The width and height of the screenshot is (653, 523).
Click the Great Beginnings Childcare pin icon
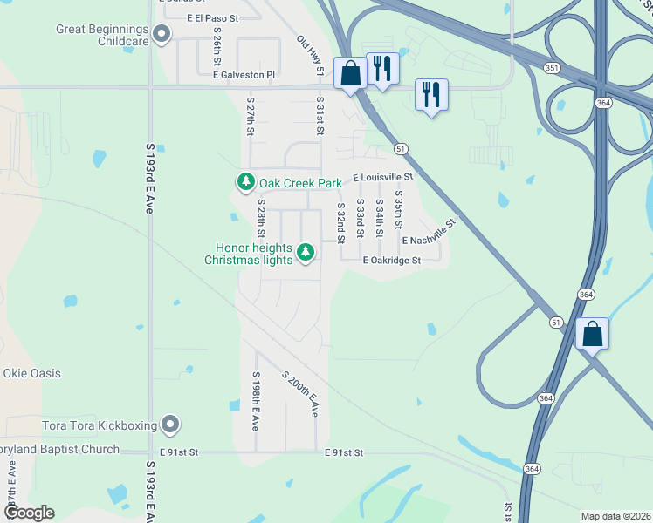162,35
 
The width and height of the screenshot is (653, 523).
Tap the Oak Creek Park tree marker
246,182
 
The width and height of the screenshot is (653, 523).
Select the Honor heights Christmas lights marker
305,253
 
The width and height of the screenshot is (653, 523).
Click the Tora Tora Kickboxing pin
170,425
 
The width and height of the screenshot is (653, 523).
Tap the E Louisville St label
382,177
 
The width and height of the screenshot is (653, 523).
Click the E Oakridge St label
392,260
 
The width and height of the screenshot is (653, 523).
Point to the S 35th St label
399,207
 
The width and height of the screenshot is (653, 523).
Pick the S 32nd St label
340,221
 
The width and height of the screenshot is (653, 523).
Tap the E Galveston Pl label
244,75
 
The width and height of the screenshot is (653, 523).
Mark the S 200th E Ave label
300,393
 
